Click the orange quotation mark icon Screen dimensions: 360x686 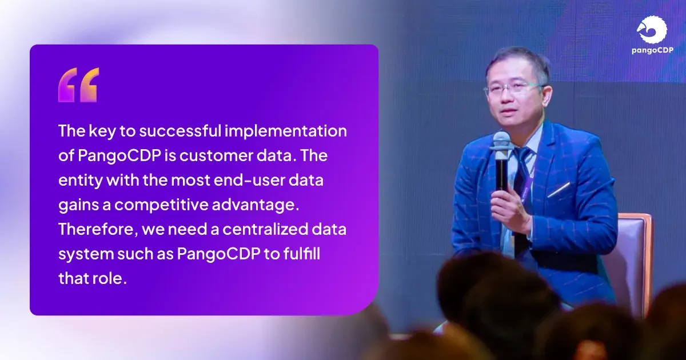pyautogui.click(x=78, y=85)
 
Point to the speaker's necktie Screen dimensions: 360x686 pyautogui.click(x=522, y=177)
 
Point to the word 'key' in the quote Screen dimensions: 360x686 pyautogui.click(x=106, y=131)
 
